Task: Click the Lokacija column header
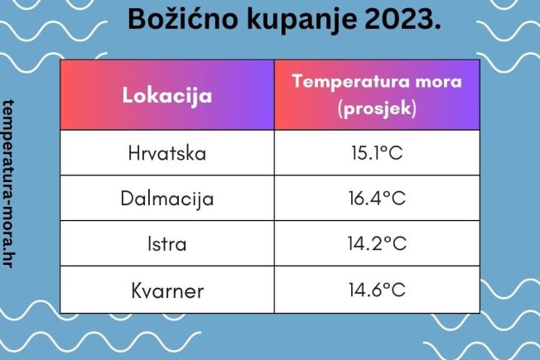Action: pyautogui.click(x=167, y=95)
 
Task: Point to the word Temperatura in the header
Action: pyautogui.click(x=351, y=82)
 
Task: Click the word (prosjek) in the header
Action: pyautogui.click(x=377, y=108)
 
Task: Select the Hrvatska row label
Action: pyautogui.click(x=167, y=153)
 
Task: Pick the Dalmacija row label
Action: pyautogui.click(x=167, y=199)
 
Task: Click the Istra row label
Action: pyautogui.click(x=167, y=243)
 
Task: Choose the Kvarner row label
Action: pyautogui.click(x=167, y=290)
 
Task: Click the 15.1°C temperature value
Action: pyautogui.click(x=377, y=152)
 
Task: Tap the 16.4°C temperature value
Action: pyautogui.click(x=377, y=198)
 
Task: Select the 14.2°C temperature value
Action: pyautogui.click(x=377, y=243)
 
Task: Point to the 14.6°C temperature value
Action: pyautogui.click(x=377, y=290)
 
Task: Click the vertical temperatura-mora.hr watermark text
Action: pyautogui.click(x=8, y=184)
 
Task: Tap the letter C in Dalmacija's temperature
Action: pyautogui.click(x=398, y=199)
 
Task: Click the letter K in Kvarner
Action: pyautogui.click(x=137, y=290)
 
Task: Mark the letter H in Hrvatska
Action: pyautogui.click(x=133, y=153)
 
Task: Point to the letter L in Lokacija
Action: pyautogui.click(x=128, y=94)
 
